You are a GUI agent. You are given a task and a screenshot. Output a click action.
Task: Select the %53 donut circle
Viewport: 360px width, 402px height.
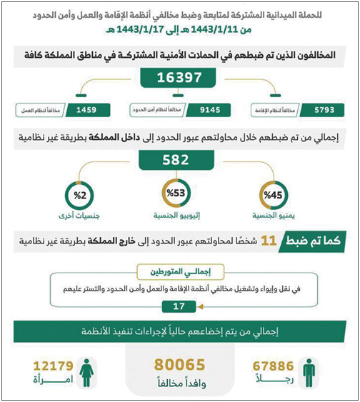(x=176, y=194)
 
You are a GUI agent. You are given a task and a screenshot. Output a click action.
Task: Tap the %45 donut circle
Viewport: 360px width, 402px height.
(x=274, y=194)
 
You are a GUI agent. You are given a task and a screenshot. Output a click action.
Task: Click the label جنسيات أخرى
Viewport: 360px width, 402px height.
(x=76, y=215)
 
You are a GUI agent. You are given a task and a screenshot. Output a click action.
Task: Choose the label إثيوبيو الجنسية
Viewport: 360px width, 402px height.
(x=176, y=215)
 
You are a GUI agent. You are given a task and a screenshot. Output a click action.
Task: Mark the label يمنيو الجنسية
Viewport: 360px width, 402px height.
(x=274, y=215)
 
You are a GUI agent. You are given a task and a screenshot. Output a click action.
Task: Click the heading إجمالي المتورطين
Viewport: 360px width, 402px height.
(x=180, y=272)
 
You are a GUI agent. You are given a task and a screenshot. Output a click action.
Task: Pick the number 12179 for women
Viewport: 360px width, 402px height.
(x=49, y=366)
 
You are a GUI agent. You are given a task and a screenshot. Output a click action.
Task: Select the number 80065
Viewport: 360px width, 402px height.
(x=180, y=365)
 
